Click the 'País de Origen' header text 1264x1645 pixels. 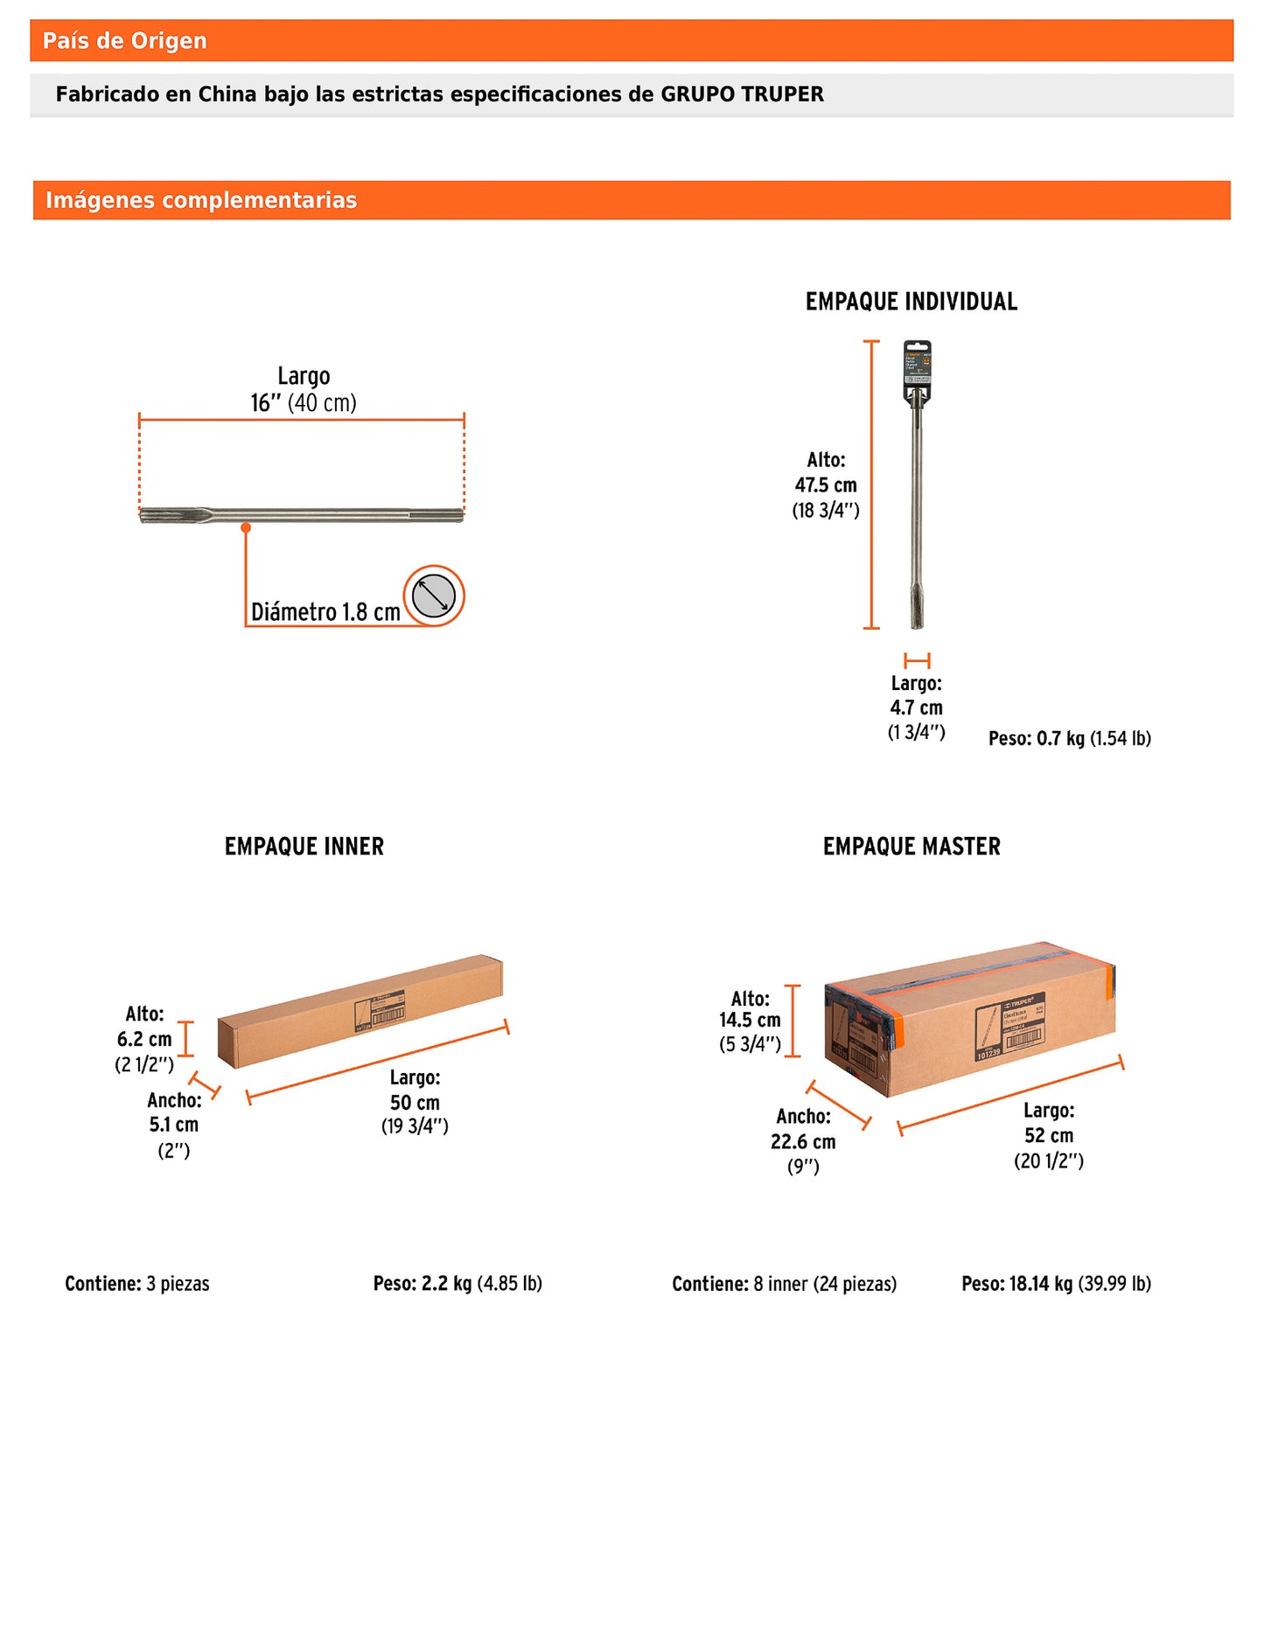(124, 41)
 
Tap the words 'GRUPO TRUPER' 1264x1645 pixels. (742, 94)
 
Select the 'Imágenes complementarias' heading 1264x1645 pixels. (201, 200)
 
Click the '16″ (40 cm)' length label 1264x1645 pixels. (304, 403)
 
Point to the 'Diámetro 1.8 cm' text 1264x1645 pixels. (325, 612)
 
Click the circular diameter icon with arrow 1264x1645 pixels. (434, 596)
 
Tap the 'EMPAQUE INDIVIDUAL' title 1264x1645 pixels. (911, 302)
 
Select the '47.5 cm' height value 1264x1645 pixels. (826, 485)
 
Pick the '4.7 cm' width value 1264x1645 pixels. (916, 707)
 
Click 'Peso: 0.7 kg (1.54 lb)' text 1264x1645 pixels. (1069, 738)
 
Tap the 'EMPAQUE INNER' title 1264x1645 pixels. (304, 847)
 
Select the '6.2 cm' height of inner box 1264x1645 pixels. (144, 1039)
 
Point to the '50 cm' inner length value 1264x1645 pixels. (415, 1102)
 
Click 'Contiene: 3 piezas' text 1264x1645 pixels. (137, 1284)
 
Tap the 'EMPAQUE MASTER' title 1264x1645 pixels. (911, 847)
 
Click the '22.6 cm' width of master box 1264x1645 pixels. (803, 1141)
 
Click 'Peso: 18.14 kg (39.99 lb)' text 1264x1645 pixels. (1056, 1284)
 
